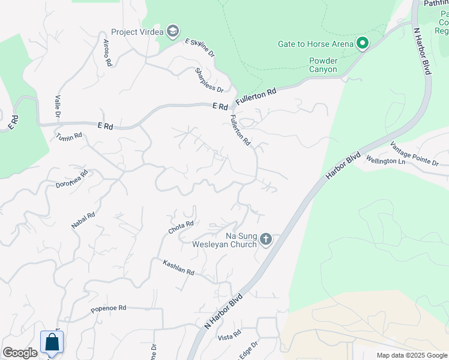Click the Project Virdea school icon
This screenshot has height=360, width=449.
click(173, 31)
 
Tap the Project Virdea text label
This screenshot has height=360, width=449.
click(138, 32)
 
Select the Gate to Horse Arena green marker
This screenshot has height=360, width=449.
click(362, 44)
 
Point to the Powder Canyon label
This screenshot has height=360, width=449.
click(324, 65)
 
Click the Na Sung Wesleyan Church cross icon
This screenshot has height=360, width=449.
click(266, 240)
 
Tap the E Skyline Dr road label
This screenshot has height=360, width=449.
click(200, 47)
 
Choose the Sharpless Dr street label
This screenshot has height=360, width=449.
click(209, 80)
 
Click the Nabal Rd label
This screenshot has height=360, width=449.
click(83, 220)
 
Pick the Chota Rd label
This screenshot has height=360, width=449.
click(181, 227)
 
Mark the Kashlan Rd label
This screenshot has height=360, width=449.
click(179, 268)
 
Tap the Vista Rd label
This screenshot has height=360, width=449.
click(229, 334)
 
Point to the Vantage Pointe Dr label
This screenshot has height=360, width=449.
click(414, 154)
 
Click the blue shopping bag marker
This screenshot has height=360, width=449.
click(52, 343)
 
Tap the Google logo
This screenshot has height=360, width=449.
click(20, 353)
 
